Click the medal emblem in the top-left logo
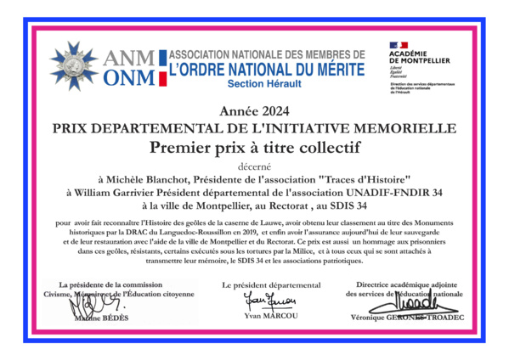tap(74, 65)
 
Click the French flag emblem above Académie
tap(399, 45)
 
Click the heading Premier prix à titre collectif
tap(255, 147)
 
